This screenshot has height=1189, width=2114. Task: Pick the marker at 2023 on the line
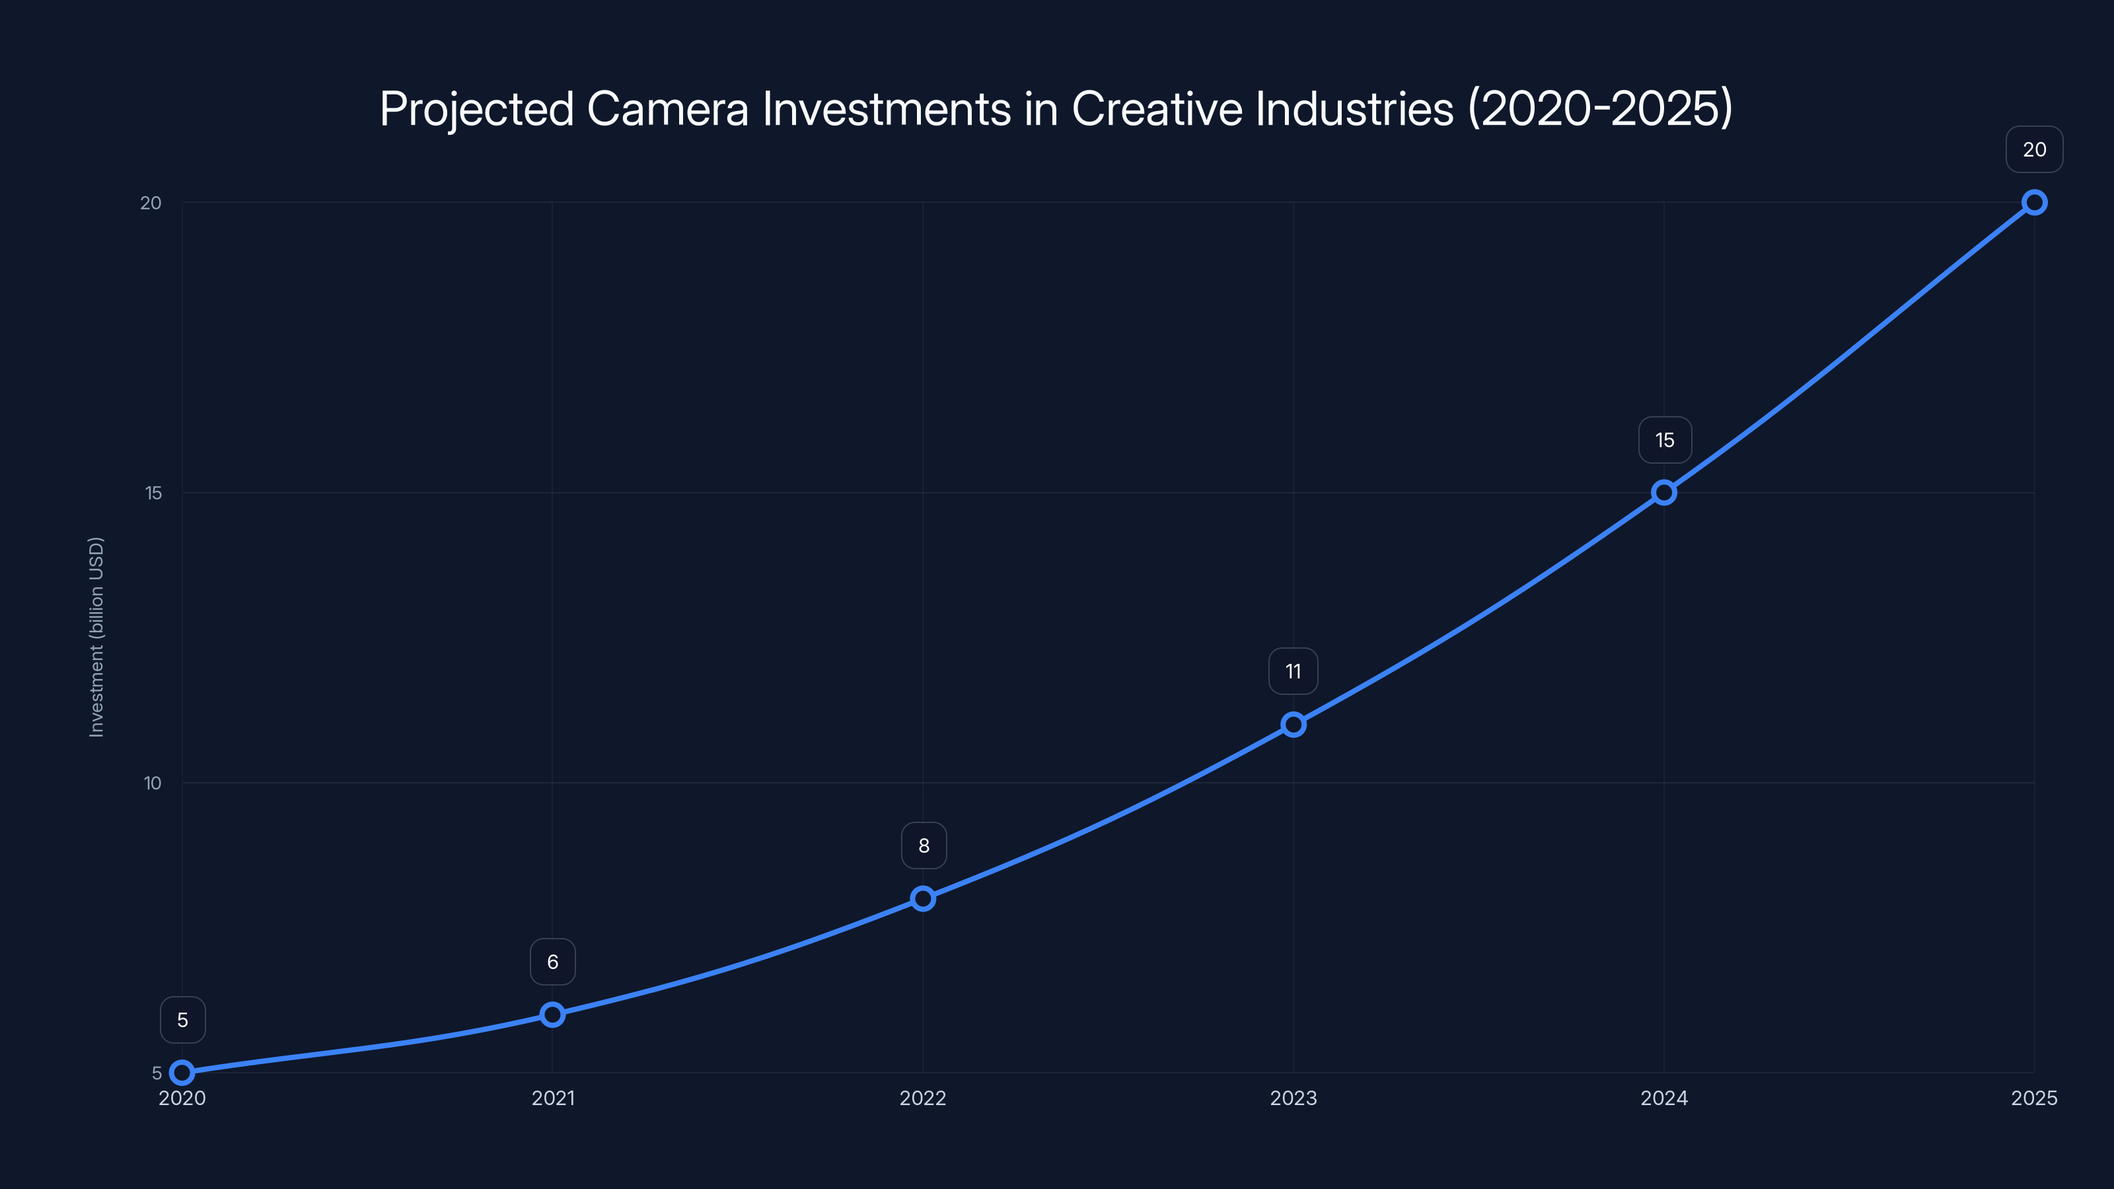coord(1294,725)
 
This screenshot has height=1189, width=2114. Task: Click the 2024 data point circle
coord(1663,492)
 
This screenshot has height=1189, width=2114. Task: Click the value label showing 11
coord(1294,671)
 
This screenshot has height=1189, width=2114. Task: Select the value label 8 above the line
coord(924,846)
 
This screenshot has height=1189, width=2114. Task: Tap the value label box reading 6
coord(552,962)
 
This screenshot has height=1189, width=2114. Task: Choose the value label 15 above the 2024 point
coord(1664,440)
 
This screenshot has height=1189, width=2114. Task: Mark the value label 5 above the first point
coord(182,1020)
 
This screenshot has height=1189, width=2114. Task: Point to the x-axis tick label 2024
coord(1663,1098)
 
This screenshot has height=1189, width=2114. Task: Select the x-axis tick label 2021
coord(552,1098)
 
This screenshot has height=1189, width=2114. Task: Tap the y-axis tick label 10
coord(153,783)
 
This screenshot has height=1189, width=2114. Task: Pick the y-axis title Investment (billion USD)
coord(96,637)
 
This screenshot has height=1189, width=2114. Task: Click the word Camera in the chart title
coord(667,108)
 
